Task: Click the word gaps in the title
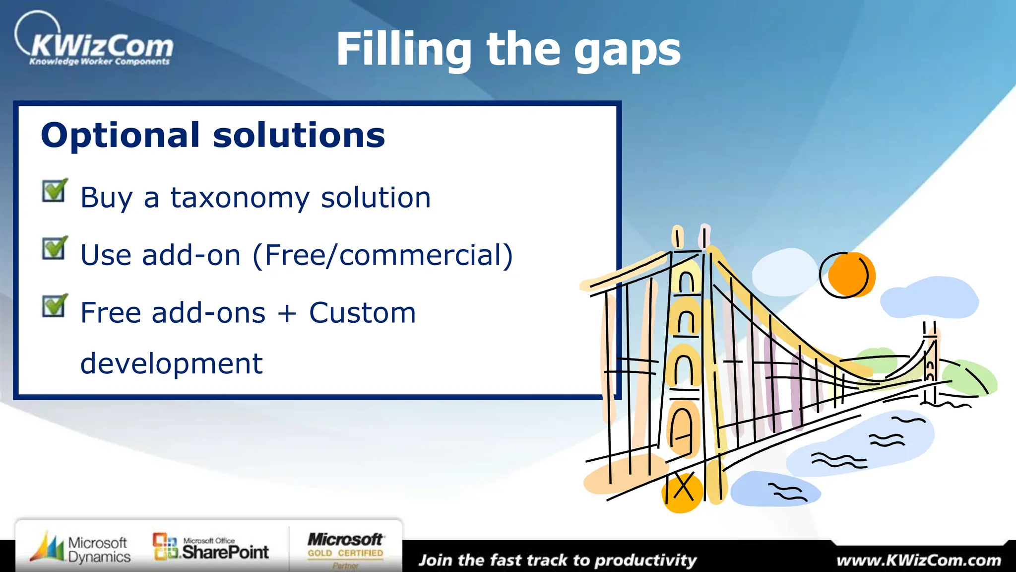627,51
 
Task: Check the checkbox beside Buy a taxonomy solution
54,191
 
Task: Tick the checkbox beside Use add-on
54,248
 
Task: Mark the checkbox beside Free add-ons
54,305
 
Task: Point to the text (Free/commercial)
382,255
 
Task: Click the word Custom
362,313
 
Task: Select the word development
171,363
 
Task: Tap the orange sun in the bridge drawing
850,275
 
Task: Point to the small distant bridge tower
930,362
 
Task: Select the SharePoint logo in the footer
211,548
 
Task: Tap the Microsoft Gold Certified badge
346,549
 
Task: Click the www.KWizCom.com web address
918,561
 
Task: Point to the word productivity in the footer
645,561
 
